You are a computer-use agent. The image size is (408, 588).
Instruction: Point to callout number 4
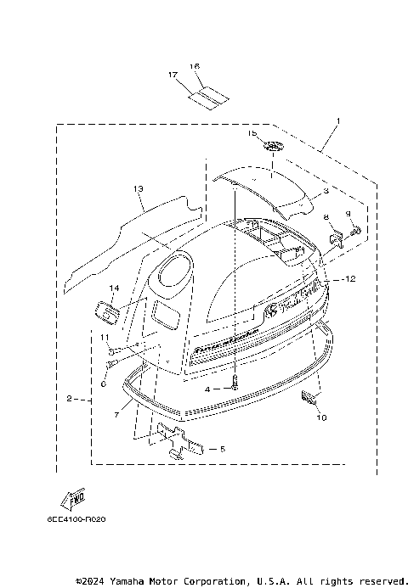tap(207, 389)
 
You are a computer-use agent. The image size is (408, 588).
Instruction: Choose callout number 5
tap(222, 448)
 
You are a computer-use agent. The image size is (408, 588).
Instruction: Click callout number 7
tap(117, 415)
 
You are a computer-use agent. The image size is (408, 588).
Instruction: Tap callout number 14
tap(113, 288)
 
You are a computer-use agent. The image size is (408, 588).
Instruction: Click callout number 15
tap(251, 133)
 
